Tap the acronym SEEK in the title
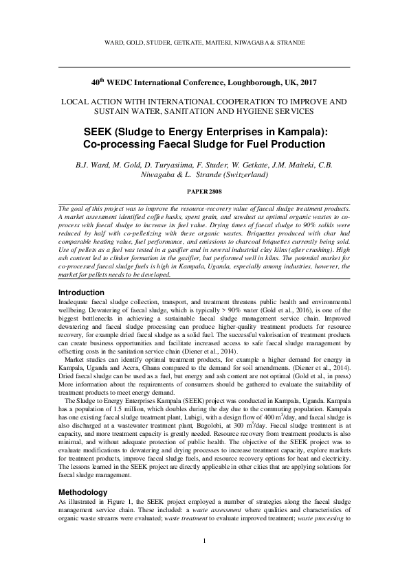pos(99,131)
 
